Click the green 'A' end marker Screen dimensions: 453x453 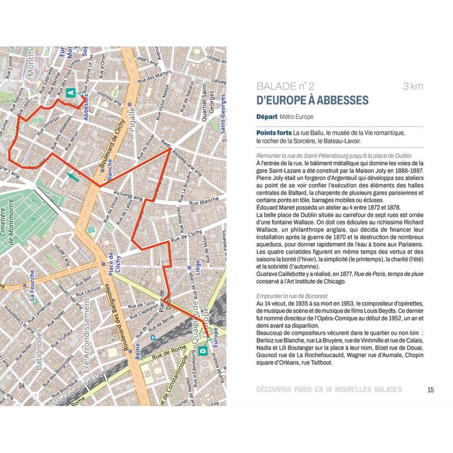(70, 92)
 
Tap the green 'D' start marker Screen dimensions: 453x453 (203, 351)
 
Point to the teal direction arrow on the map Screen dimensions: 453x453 (72, 177)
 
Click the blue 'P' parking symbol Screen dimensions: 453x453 (152, 338)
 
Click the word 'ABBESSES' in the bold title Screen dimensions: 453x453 (341, 101)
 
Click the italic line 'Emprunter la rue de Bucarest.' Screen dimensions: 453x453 (292, 296)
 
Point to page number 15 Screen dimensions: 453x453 (430, 389)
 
